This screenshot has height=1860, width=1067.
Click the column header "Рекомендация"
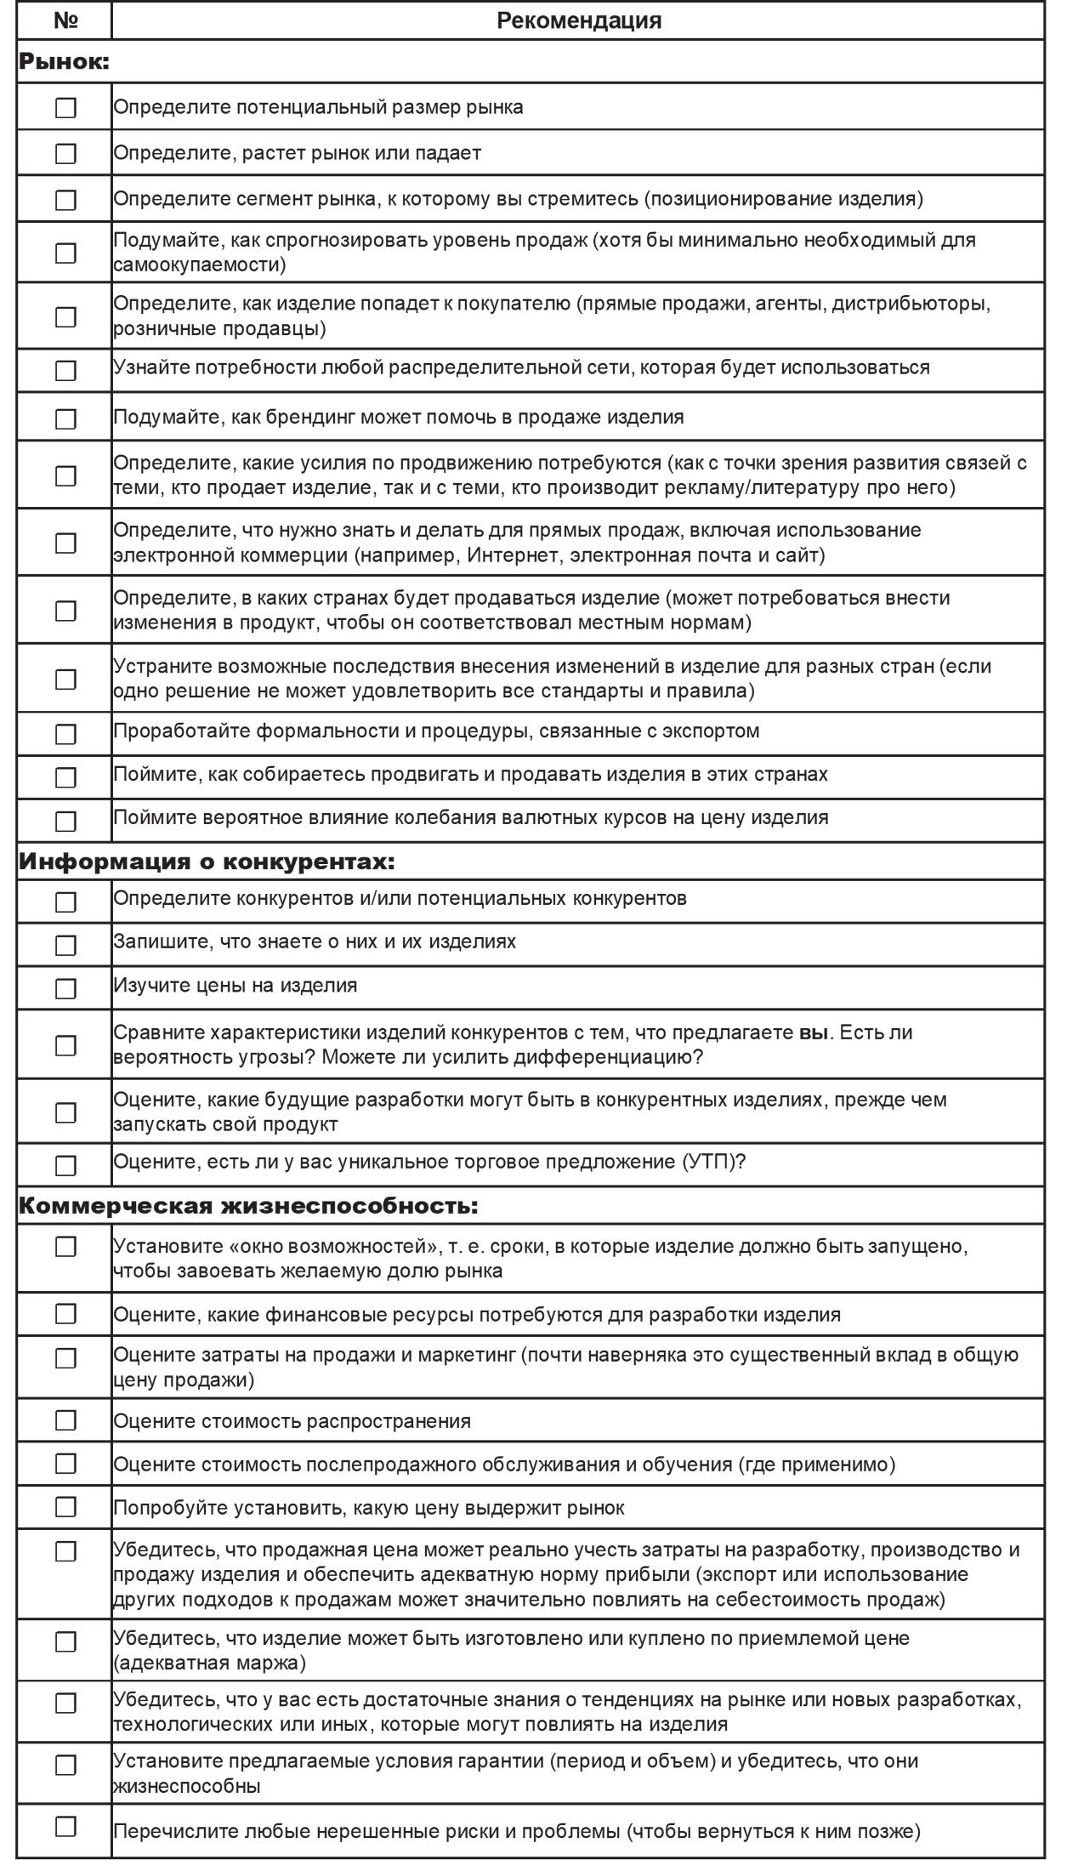point(578,20)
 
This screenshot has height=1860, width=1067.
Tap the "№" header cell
point(65,20)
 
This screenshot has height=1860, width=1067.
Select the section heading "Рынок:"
point(65,61)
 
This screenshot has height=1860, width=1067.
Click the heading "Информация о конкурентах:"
point(207,862)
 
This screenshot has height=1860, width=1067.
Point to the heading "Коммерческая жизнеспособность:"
point(248,1206)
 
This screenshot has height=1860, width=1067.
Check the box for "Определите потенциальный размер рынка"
point(65,108)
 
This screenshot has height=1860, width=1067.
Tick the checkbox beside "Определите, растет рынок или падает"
point(65,154)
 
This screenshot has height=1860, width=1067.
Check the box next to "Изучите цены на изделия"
point(65,988)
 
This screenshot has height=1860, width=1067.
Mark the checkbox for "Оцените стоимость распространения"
point(65,1421)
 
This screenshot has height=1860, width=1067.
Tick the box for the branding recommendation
point(65,419)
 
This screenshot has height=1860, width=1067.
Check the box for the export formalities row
point(65,734)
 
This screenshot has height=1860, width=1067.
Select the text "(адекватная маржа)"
point(209,1662)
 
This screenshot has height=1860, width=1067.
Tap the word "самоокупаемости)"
point(200,264)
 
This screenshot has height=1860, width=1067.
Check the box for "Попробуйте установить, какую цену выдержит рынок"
point(65,1508)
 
